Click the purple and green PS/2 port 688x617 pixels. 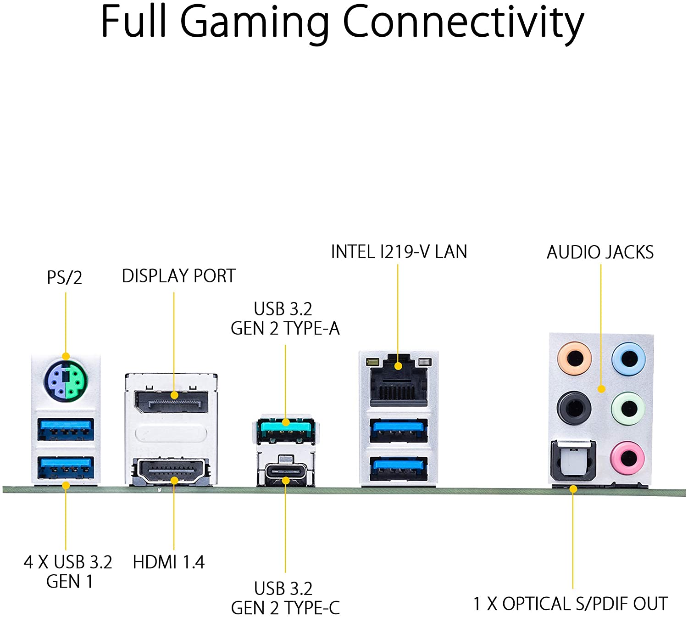[66, 380]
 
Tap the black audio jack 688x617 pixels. [574, 407]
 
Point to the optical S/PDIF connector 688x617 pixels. [572, 462]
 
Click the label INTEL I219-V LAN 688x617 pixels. [399, 252]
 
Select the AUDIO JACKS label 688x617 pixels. [600, 252]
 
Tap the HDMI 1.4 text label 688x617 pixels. [168, 562]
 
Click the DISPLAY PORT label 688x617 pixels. [178, 276]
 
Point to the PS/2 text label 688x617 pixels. [65, 277]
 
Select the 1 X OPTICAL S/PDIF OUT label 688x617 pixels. [571, 603]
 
